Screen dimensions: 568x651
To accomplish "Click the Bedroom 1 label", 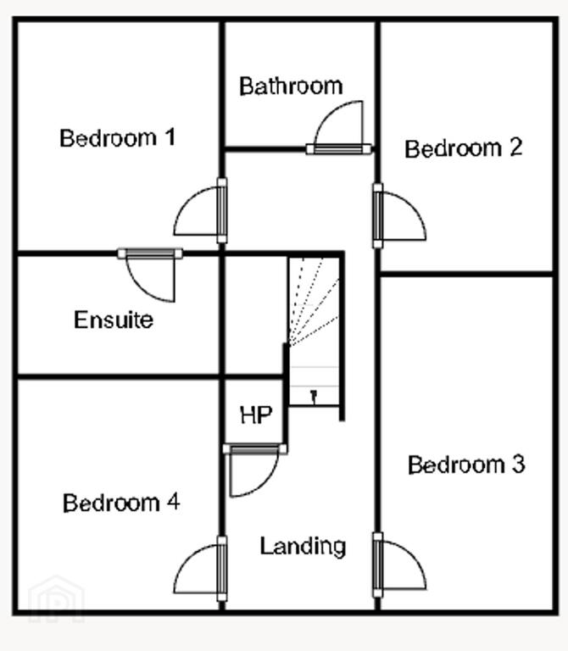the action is [x=118, y=138].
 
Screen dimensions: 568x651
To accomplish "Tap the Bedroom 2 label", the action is [x=464, y=148].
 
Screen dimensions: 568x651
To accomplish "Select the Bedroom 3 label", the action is [x=466, y=465].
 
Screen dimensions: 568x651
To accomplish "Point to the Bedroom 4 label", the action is [x=121, y=503].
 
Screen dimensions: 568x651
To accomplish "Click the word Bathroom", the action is [x=291, y=86].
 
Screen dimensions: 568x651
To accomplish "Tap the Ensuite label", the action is [x=114, y=320].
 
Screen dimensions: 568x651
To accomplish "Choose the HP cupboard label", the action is [x=256, y=415].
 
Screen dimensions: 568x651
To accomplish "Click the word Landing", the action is [x=303, y=547].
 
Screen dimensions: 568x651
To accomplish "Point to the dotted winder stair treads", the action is [x=315, y=301].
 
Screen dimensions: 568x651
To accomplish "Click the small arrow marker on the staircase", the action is [x=314, y=397].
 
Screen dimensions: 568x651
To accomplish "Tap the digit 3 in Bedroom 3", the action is [x=518, y=465].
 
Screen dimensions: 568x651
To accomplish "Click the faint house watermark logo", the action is [x=57, y=599].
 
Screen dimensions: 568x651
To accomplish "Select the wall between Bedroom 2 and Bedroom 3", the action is [x=466, y=274].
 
